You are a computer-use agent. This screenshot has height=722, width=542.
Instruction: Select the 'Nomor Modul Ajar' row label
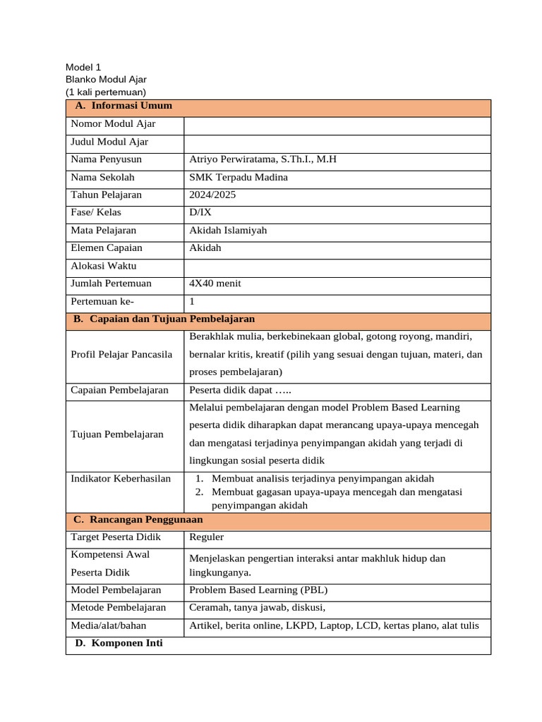click(x=113, y=124)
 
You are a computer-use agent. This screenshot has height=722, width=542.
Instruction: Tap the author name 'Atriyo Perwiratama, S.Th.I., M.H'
click(x=263, y=159)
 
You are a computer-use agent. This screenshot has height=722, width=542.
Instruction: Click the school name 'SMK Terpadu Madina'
click(x=239, y=177)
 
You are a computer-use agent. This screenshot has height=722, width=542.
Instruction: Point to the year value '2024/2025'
click(x=212, y=195)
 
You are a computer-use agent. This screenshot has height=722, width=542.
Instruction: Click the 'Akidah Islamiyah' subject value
click(x=228, y=230)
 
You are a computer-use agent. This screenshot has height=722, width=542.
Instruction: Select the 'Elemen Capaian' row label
click(x=107, y=247)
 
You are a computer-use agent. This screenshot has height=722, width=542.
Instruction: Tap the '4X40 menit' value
click(x=215, y=283)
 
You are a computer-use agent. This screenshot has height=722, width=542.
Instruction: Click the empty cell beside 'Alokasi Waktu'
click(x=337, y=267)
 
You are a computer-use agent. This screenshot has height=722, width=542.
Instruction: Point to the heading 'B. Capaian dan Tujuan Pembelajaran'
click(x=164, y=319)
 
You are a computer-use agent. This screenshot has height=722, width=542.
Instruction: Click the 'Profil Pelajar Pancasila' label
click(x=121, y=354)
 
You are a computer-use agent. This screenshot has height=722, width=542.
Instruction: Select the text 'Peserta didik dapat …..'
click(x=240, y=390)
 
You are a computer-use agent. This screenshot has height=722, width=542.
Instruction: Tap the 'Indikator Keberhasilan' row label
click(x=121, y=479)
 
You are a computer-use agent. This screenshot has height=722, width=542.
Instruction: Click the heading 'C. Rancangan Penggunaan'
click(x=138, y=520)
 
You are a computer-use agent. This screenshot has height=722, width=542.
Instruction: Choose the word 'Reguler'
click(x=207, y=537)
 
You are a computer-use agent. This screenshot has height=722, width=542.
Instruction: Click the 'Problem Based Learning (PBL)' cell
click(x=258, y=590)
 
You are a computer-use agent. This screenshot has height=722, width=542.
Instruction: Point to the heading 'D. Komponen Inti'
click(x=118, y=643)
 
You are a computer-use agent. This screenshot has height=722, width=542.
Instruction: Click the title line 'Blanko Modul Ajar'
click(x=106, y=80)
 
